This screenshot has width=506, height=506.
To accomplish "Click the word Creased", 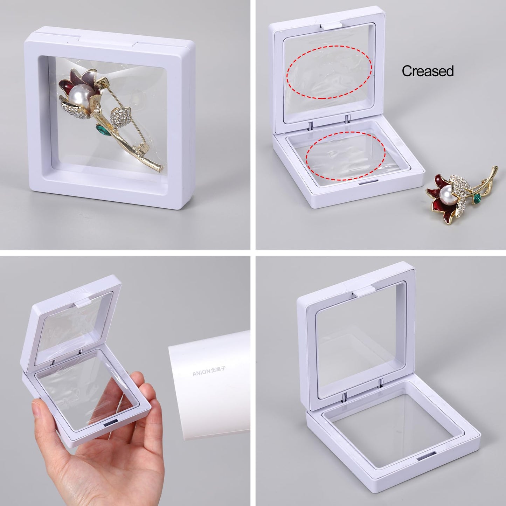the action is click(x=428, y=71).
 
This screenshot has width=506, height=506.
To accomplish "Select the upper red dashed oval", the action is click(x=329, y=72).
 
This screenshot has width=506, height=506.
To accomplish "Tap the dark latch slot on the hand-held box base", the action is click(x=111, y=424).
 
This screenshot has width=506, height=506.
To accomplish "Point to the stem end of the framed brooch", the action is click(x=160, y=167).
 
